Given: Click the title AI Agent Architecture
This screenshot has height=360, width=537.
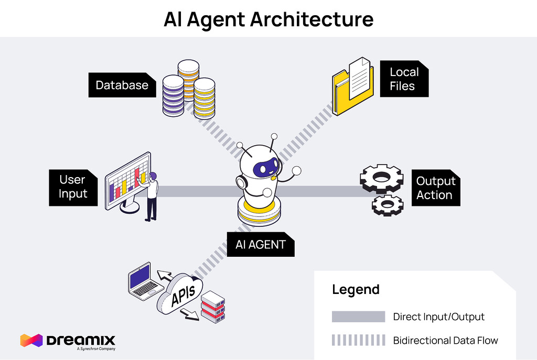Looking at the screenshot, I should [268, 19].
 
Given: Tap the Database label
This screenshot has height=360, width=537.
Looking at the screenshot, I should [122, 85].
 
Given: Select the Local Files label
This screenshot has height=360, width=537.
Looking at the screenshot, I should [404, 79].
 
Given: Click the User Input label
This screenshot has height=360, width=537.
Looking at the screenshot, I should [72, 187].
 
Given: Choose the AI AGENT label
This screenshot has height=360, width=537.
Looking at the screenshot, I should [260, 244].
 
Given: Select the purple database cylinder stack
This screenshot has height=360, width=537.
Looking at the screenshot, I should [173, 96].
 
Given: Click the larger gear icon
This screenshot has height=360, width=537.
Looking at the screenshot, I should [381, 178].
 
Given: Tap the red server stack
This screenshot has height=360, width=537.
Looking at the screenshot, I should [212, 306].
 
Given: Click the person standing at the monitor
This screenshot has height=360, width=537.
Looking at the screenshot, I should [151, 197].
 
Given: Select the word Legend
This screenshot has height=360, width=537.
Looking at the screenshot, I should [356, 289].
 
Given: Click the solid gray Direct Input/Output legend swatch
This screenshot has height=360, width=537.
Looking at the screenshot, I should [358, 317].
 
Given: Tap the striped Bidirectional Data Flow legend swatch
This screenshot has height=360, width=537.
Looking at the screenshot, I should [358, 341].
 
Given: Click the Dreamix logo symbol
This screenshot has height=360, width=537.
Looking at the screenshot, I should [31, 340].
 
